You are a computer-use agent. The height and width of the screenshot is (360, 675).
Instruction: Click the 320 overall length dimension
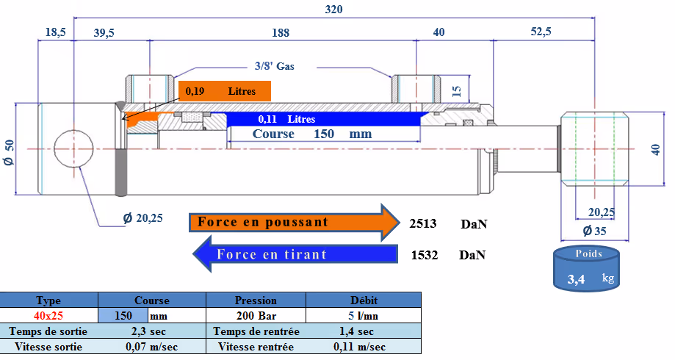click(334, 10)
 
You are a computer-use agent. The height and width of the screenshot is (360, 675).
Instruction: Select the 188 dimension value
click(280, 33)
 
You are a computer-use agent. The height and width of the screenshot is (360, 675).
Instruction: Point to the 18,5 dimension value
click(56, 33)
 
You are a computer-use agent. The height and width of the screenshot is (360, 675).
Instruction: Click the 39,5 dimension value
click(104, 33)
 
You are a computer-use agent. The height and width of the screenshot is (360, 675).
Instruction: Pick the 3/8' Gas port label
click(274, 65)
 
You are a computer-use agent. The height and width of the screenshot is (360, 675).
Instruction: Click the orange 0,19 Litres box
click(225, 91)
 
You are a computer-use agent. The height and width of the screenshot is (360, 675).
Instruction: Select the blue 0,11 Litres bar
click(323, 118)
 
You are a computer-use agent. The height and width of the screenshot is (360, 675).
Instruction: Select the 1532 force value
click(424, 255)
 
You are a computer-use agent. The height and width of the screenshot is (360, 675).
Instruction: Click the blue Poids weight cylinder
click(585, 269)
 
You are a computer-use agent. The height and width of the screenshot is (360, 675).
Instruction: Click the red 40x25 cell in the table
click(49, 316)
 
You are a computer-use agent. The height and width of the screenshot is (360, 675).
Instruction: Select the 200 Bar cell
click(256, 316)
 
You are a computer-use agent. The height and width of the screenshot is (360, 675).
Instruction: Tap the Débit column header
click(364, 300)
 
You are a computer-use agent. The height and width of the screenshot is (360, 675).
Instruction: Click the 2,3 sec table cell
click(151, 331)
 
